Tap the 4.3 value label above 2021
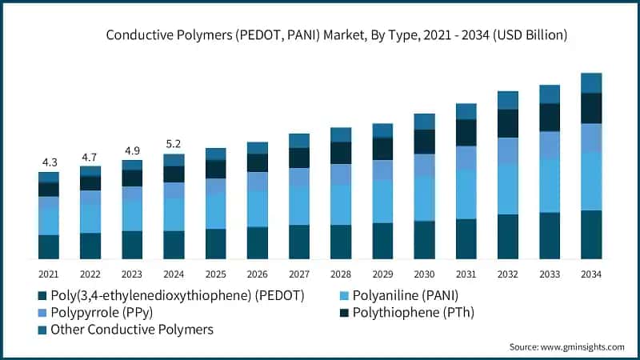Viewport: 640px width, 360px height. (49, 162)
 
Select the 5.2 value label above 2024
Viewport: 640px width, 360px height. (174, 145)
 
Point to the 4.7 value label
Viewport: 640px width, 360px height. (90, 157)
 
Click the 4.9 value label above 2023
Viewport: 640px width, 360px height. (132, 151)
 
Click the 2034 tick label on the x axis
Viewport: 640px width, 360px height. (590, 274)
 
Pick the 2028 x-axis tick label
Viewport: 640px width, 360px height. (341, 274)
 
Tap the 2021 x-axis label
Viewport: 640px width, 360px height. (49, 274)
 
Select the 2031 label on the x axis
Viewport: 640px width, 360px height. (466, 274)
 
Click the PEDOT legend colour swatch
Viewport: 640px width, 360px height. (42, 296)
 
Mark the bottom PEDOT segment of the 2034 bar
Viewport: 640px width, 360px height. (590, 234)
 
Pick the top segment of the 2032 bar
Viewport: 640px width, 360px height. (507, 100)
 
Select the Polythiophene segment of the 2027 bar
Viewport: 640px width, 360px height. (299, 158)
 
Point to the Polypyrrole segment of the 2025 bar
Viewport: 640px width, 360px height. (216, 186)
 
